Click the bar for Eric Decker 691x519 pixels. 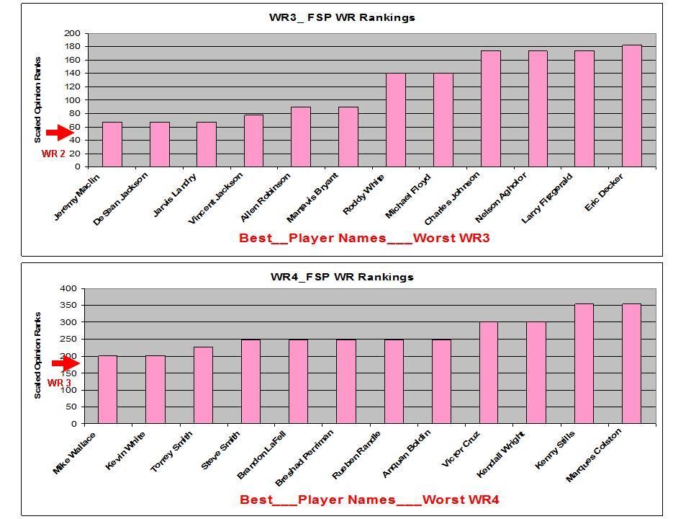coord(631,106)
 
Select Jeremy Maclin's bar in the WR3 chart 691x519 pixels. coord(112,144)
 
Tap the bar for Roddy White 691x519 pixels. coord(395,120)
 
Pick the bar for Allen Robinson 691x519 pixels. coord(301,137)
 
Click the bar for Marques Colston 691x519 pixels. coord(631,363)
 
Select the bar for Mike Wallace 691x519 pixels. coord(107,389)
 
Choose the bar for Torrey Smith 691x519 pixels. coord(203,385)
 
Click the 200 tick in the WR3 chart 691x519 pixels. coord(72,33)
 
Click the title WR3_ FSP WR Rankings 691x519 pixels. coord(342,17)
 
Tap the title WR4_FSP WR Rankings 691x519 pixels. coord(342,277)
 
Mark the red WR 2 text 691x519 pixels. coord(53,154)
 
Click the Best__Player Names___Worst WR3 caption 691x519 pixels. coord(364,239)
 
